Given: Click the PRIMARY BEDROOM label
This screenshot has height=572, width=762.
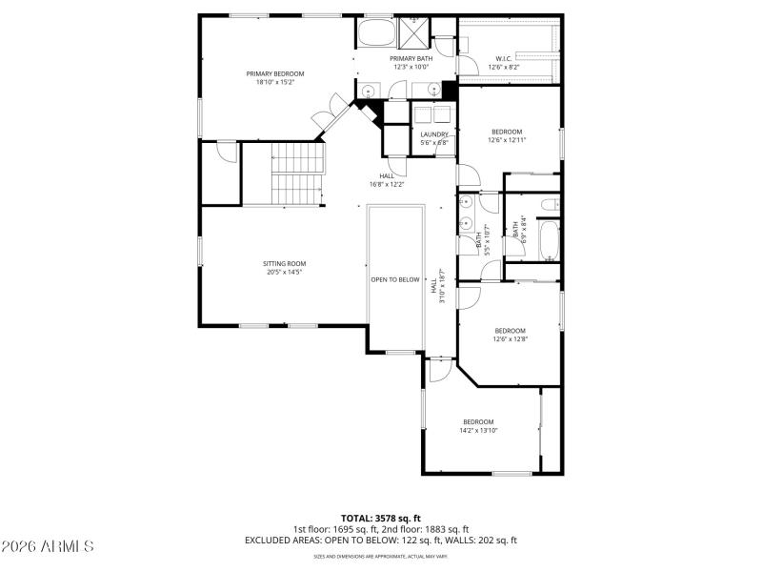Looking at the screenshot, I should pyautogui.click(x=274, y=73).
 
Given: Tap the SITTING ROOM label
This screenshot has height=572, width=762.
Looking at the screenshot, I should pyautogui.click(x=284, y=263).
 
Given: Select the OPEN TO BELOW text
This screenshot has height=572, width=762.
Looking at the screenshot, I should pyautogui.click(x=395, y=279).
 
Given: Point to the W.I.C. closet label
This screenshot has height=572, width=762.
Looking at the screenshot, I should pyautogui.click(x=505, y=58).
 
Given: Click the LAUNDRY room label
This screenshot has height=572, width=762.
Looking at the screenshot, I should pyautogui.click(x=434, y=134).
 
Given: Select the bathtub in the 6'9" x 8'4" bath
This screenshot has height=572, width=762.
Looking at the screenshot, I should pyautogui.click(x=550, y=240).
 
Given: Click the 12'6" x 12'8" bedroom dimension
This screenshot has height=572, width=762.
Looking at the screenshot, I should pyautogui.click(x=510, y=338).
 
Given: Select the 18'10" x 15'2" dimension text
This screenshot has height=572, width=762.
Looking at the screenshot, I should pyautogui.click(x=274, y=82).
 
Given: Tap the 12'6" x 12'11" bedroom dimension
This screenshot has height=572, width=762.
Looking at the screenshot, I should pyautogui.click(x=508, y=140).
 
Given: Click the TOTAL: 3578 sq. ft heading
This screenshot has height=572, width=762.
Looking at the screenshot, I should pyautogui.click(x=380, y=519).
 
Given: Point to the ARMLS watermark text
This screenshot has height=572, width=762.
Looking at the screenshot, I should pyautogui.click(x=48, y=546).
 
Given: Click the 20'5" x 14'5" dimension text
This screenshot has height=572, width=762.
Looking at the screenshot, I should pyautogui.click(x=284, y=272).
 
